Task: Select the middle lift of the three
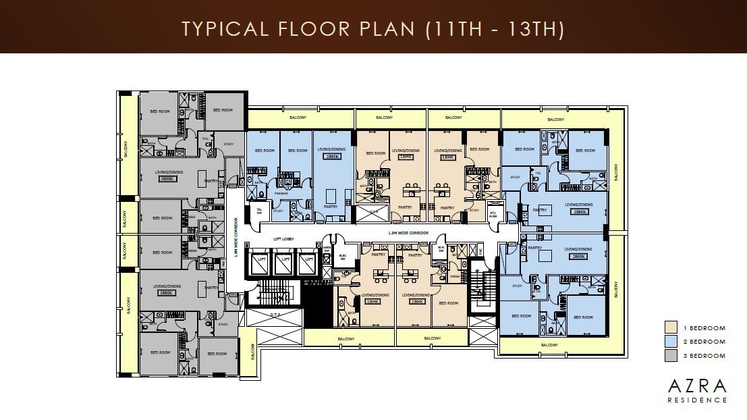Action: tap(285, 260)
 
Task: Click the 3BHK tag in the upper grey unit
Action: tap(167, 180)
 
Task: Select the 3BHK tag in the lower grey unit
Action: tap(167, 293)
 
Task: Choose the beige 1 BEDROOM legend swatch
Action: tap(670, 328)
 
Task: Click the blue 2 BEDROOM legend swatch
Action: tap(670, 342)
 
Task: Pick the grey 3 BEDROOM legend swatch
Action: tap(670, 355)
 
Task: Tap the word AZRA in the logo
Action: tap(698, 386)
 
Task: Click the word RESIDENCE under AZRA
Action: tap(698, 400)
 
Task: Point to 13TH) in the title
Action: tap(536, 29)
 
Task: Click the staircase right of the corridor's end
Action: tap(482, 287)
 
